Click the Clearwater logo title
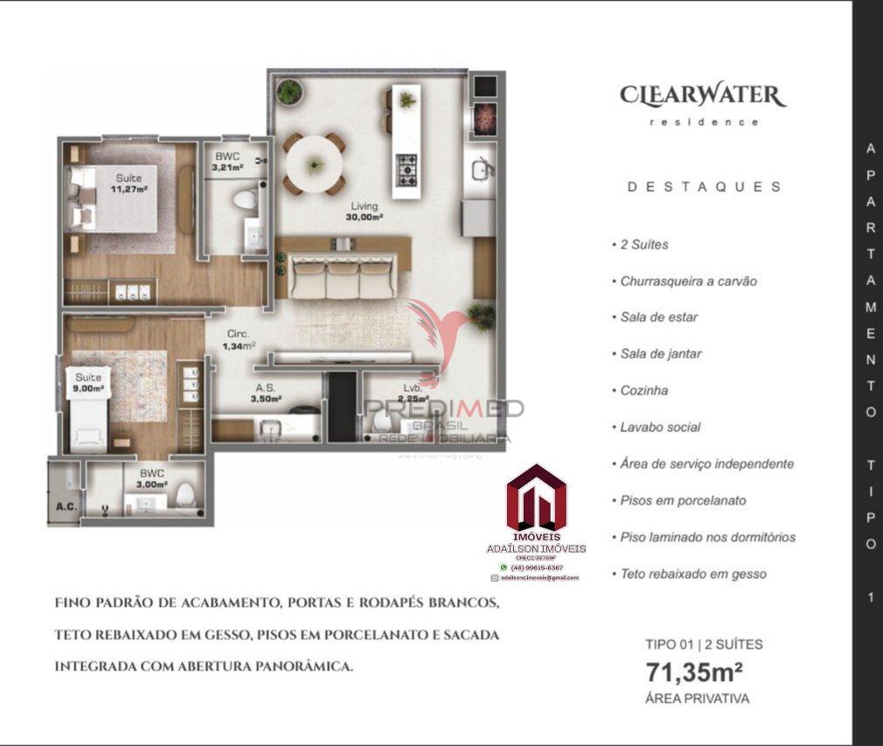[703, 95]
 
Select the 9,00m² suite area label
[88, 382]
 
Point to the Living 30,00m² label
[353, 211]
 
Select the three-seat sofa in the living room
[343, 277]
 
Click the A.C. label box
[63, 505]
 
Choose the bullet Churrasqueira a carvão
[688, 282]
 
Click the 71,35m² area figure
[694, 673]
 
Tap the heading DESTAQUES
[704, 186]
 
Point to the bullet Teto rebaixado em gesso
[693, 575]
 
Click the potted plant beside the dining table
[289, 91]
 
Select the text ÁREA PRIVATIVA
[697, 699]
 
